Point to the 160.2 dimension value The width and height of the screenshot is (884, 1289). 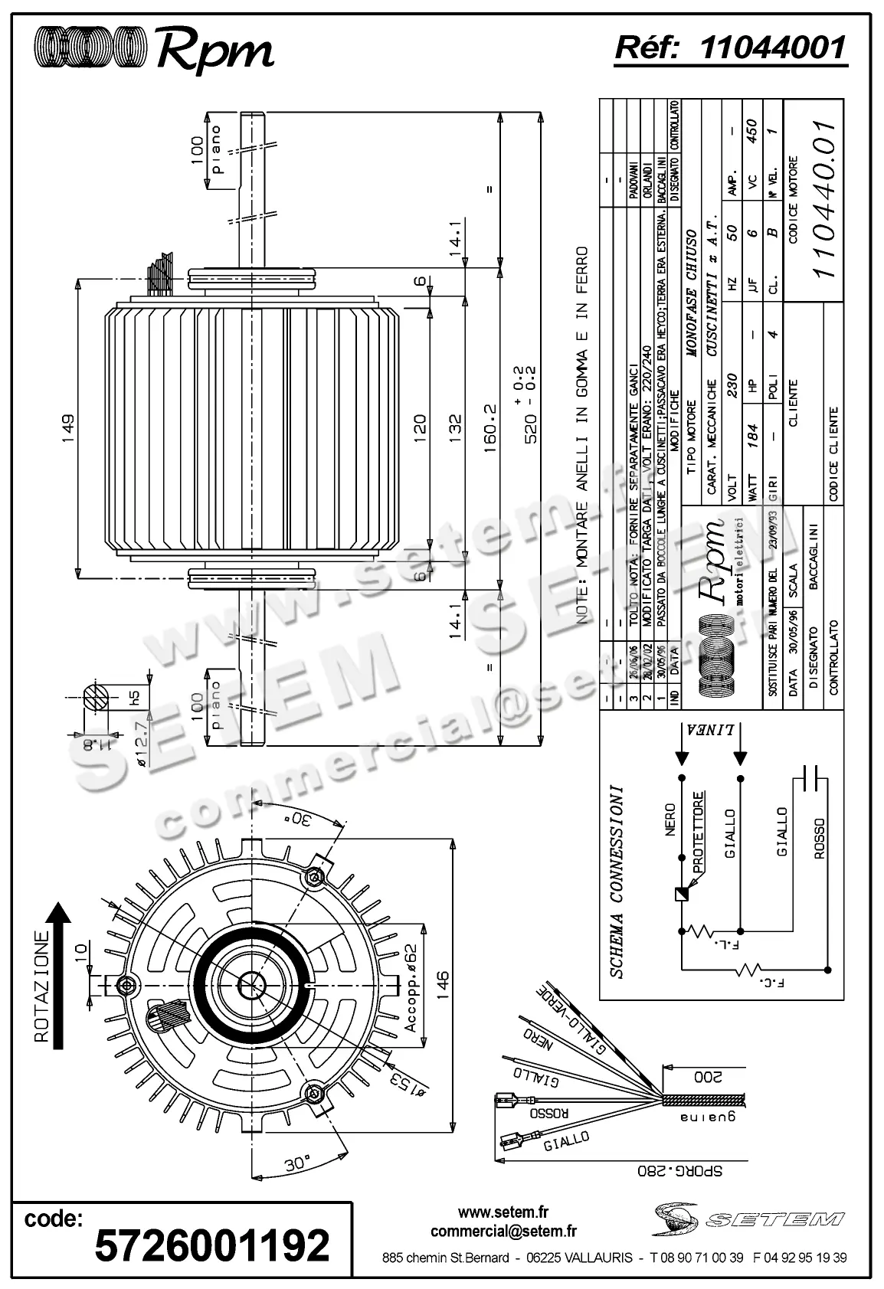point(491,425)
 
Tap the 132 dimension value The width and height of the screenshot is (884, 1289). point(455,430)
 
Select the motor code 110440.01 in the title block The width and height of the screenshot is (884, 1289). point(824,199)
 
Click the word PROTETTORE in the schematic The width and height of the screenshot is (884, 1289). point(698,832)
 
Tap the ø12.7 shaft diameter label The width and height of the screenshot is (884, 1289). point(140,740)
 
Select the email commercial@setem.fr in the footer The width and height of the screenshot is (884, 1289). point(503,1232)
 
